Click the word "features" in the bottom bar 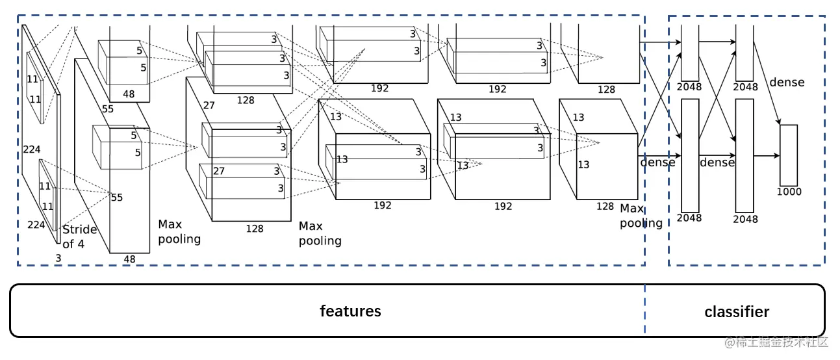coord(350,311)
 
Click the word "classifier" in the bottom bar coord(737,312)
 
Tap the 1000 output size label coord(789,192)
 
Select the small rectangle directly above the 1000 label coord(789,155)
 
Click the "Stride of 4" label coord(79,237)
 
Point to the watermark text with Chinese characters coord(776,342)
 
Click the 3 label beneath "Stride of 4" coord(58,258)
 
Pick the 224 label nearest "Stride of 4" coord(36,225)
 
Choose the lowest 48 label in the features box coord(129,259)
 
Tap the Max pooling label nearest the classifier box coord(641,216)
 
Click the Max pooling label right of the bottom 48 coord(179,232)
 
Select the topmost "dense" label coord(787,82)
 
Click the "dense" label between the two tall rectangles coord(717,162)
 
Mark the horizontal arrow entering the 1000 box coord(767,155)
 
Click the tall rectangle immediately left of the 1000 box coord(745,155)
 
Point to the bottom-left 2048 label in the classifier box coord(689,218)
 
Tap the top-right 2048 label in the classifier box coord(746,87)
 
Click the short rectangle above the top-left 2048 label coord(690,53)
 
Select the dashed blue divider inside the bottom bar coord(644,309)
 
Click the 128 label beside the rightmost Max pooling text coord(605,206)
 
